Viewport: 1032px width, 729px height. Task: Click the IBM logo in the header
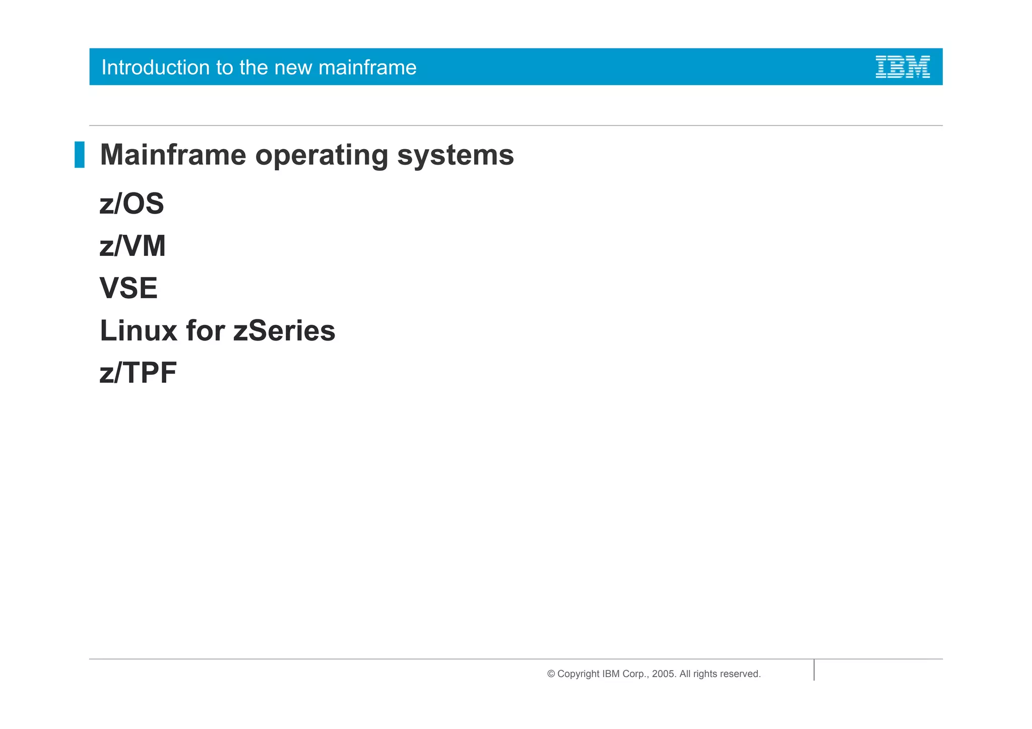[x=902, y=67]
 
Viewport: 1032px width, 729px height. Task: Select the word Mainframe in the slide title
[x=173, y=155]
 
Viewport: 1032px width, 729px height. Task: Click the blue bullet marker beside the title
[x=80, y=155]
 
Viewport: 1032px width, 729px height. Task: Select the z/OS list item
[x=132, y=204]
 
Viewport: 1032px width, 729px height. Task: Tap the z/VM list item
[x=133, y=246]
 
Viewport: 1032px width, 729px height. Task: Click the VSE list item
[x=128, y=288]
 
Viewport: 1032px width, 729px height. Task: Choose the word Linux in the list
[x=138, y=330]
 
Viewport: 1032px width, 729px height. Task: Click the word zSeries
[x=284, y=330]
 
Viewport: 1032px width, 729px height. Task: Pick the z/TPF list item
[x=138, y=373]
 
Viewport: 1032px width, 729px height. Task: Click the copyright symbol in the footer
[x=551, y=674]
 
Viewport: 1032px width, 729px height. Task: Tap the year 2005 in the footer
[x=663, y=674]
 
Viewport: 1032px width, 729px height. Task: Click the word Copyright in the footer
[x=578, y=674]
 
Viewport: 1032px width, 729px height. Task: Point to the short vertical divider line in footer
[x=814, y=670]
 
